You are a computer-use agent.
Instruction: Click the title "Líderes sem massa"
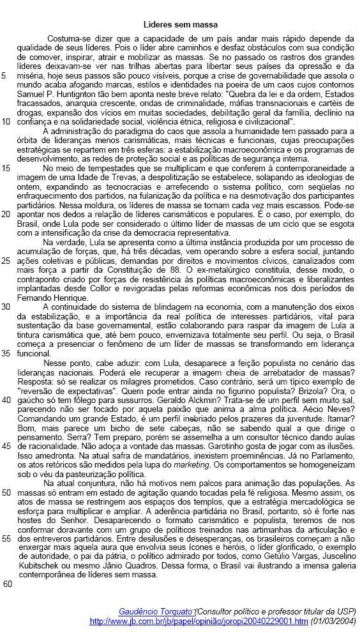(x=180, y=24)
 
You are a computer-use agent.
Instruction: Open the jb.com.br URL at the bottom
(x=199, y=620)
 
